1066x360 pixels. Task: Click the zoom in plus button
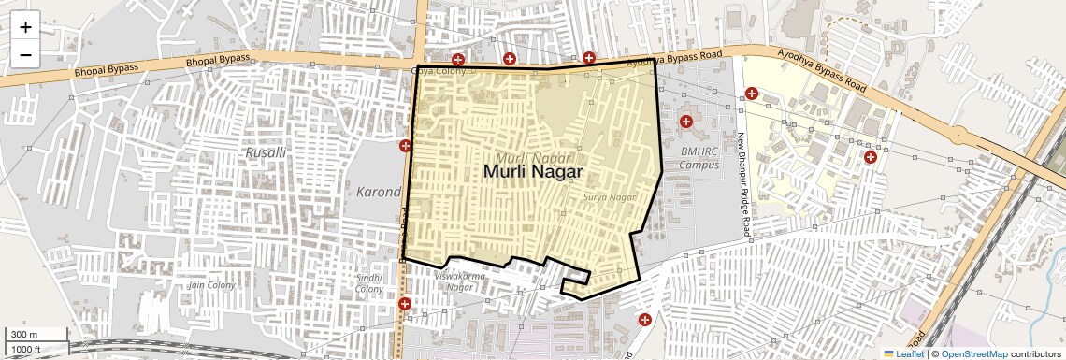click(25, 27)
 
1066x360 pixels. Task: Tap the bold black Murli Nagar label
click(533, 172)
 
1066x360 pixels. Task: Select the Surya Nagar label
click(609, 197)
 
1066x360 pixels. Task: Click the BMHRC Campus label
click(699, 158)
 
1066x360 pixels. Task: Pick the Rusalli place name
click(266, 151)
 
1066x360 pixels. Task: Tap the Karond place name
click(379, 192)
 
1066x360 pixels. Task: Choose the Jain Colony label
click(211, 284)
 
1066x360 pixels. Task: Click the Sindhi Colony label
click(369, 283)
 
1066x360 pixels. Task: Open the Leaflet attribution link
click(903, 353)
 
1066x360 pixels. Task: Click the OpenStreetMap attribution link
click(973, 353)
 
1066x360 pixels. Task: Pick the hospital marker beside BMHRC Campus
click(687, 122)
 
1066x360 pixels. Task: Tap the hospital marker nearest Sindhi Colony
click(405, 304)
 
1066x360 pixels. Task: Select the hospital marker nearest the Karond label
click(406, 146)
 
